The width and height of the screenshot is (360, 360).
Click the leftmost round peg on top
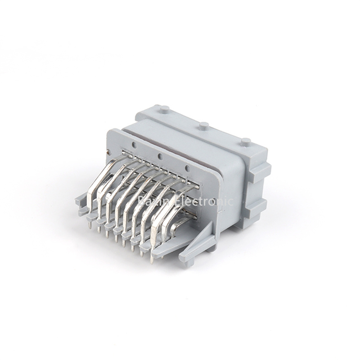coord(164,109)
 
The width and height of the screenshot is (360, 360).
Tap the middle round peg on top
coord(204,126)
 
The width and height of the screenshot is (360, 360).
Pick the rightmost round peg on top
coord(245,141)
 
